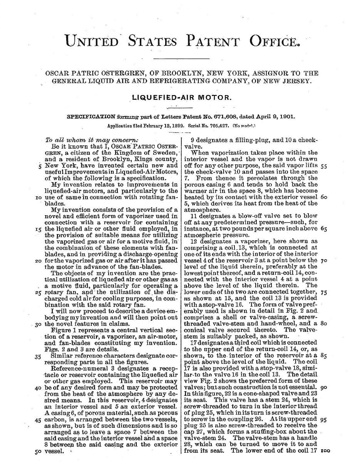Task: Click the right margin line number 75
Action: pos(323,292)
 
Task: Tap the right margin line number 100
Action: pos(324,450)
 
